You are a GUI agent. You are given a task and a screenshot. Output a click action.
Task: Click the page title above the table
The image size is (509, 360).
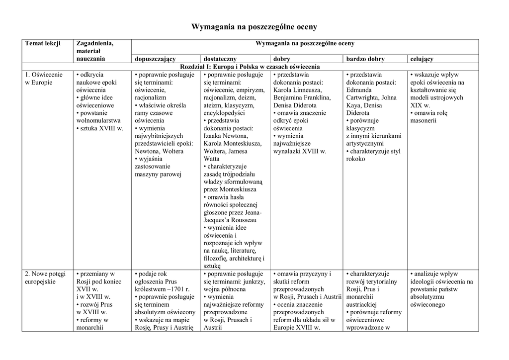254,26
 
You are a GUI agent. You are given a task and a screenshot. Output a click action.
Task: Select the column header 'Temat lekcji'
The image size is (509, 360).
43,44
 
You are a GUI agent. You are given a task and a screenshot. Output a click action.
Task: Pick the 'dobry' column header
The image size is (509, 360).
282,59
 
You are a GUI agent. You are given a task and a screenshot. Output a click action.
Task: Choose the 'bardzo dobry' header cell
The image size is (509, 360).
365,59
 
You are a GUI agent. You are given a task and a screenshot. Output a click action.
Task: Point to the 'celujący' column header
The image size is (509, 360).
422,59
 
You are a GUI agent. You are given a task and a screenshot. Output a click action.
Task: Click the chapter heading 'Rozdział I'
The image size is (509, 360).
250,67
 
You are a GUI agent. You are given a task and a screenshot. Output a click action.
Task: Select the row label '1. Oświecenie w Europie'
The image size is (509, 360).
44,79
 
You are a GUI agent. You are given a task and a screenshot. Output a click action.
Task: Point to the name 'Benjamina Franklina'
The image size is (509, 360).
302,98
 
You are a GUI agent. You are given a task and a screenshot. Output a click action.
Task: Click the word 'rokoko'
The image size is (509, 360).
356,159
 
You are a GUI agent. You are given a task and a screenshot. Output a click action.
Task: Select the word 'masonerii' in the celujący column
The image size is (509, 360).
424,121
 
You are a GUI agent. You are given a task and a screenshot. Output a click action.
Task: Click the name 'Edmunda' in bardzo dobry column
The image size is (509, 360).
358,90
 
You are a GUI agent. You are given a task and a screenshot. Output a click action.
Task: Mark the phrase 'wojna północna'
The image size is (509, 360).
225,289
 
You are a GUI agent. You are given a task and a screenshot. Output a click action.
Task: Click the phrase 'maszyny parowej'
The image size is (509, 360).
158,175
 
